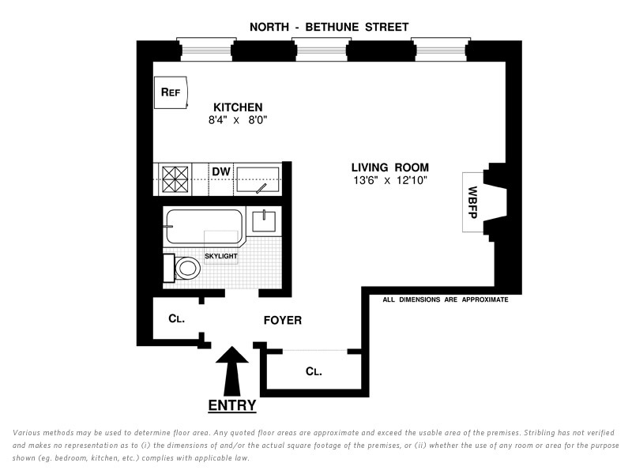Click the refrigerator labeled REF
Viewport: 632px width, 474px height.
(x=171, y=92)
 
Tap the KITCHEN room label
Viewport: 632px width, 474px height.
(x=238, y=107)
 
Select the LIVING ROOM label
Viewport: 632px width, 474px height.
(x=390, y=167)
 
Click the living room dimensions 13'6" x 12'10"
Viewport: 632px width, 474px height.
(x=390, y=181)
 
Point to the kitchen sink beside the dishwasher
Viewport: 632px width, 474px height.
(x=258, y=179)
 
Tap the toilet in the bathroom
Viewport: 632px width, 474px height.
(x=182, y=268)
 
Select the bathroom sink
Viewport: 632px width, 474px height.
(x=262, y=220)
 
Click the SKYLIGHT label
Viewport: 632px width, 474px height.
(x=221, y=256)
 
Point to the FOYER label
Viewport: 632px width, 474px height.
(x=282, y=321)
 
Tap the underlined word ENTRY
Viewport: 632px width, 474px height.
(x=231, y=406)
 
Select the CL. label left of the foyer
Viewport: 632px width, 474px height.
(x=176, y=320)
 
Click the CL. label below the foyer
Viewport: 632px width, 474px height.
(x=314, y=371)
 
